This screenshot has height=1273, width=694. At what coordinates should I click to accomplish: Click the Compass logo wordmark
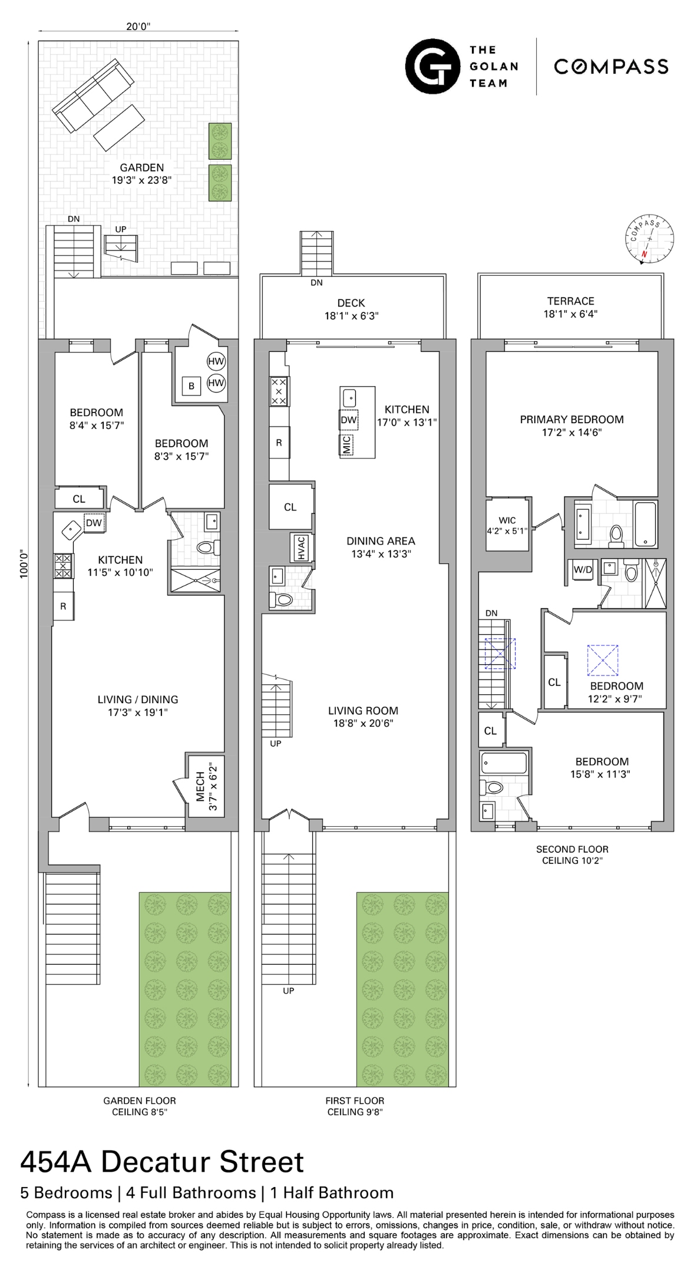click(611, 67)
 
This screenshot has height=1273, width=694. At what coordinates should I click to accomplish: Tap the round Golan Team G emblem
click(432, 66)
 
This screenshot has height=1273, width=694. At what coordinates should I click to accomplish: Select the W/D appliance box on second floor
click(583, 570)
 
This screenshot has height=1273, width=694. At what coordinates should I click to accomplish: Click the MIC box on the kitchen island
click(346, 444)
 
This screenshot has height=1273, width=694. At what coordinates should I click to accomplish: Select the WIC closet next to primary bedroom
click(507, 525)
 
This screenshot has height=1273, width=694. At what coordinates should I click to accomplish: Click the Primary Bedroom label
click(571, 420)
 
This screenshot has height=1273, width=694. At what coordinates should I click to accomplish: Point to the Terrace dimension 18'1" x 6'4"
click(570, 314)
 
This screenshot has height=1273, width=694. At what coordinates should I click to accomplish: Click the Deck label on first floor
click(351, 303)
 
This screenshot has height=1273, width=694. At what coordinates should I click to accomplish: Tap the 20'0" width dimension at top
click(138, 26)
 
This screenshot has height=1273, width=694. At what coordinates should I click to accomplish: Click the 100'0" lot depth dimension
click(24, 564)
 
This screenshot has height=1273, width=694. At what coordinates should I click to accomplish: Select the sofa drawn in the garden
click(92, 98)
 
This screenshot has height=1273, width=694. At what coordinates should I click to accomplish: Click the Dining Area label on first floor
click(381, 540)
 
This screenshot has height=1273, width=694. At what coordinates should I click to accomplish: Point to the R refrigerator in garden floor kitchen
click(63, 606)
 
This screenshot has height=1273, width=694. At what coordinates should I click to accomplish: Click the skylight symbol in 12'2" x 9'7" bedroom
click(603, 660)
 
